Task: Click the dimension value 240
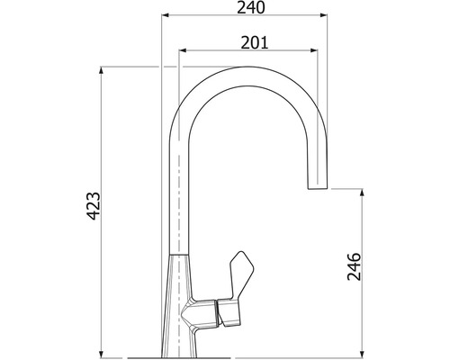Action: click(x=251, y=7)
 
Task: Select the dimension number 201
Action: click(x=255, y=42)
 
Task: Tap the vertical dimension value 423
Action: click(x=94, y=206)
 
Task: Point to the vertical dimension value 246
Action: click(x=354, y=266)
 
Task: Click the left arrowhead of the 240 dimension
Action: click(x=166, y=14)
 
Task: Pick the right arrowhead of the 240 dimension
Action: click(x=323, y=14)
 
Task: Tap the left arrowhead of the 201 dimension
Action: click(x=183, y=50)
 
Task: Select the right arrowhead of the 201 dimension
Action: click(x=313, y=50)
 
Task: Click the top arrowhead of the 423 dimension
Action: click(x=102, y=71)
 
